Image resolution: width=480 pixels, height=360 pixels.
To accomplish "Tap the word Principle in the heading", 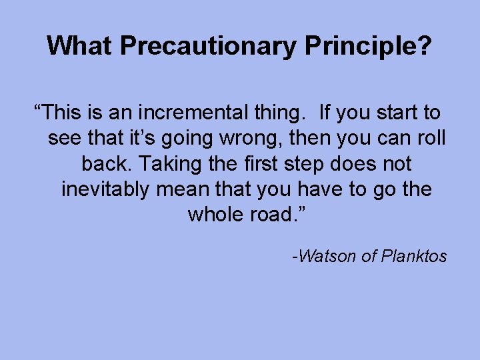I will pyautogui.click(x=355, y=46).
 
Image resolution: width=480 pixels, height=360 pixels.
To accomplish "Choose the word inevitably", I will pyautogui.click(x=106, y=189).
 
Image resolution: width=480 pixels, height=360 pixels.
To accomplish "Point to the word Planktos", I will pyautogui.click(x=413, y=256).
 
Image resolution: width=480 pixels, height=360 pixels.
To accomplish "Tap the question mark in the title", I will pyautogui.click(x=425, y=46).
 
